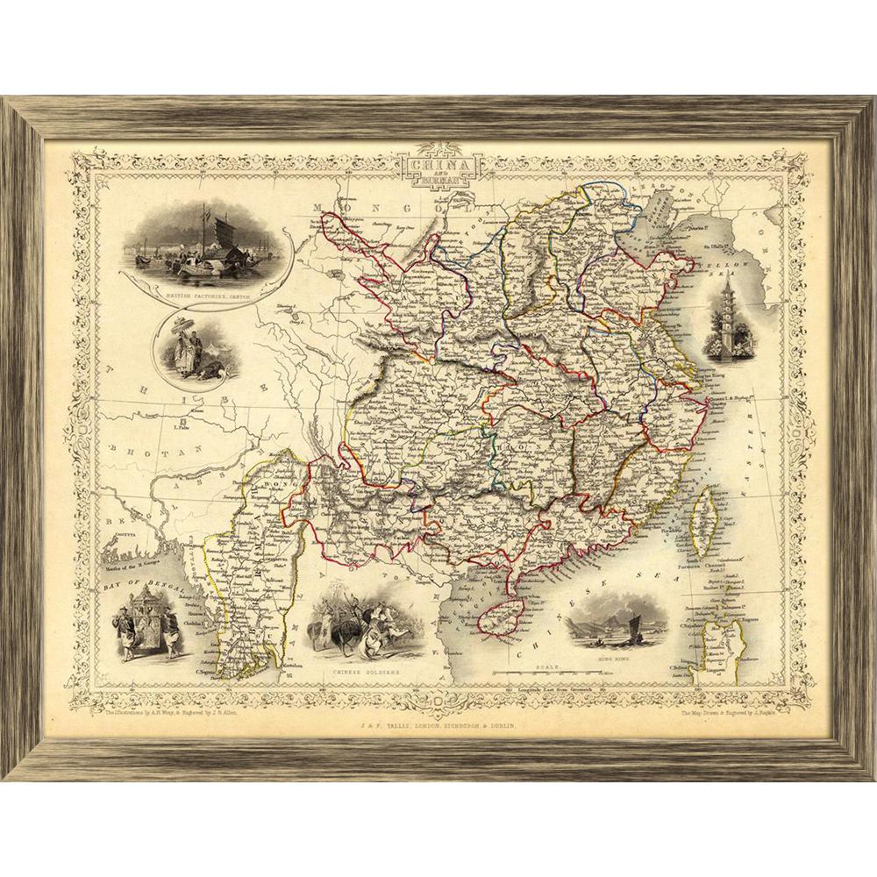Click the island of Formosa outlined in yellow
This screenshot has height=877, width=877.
pos(702,517)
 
